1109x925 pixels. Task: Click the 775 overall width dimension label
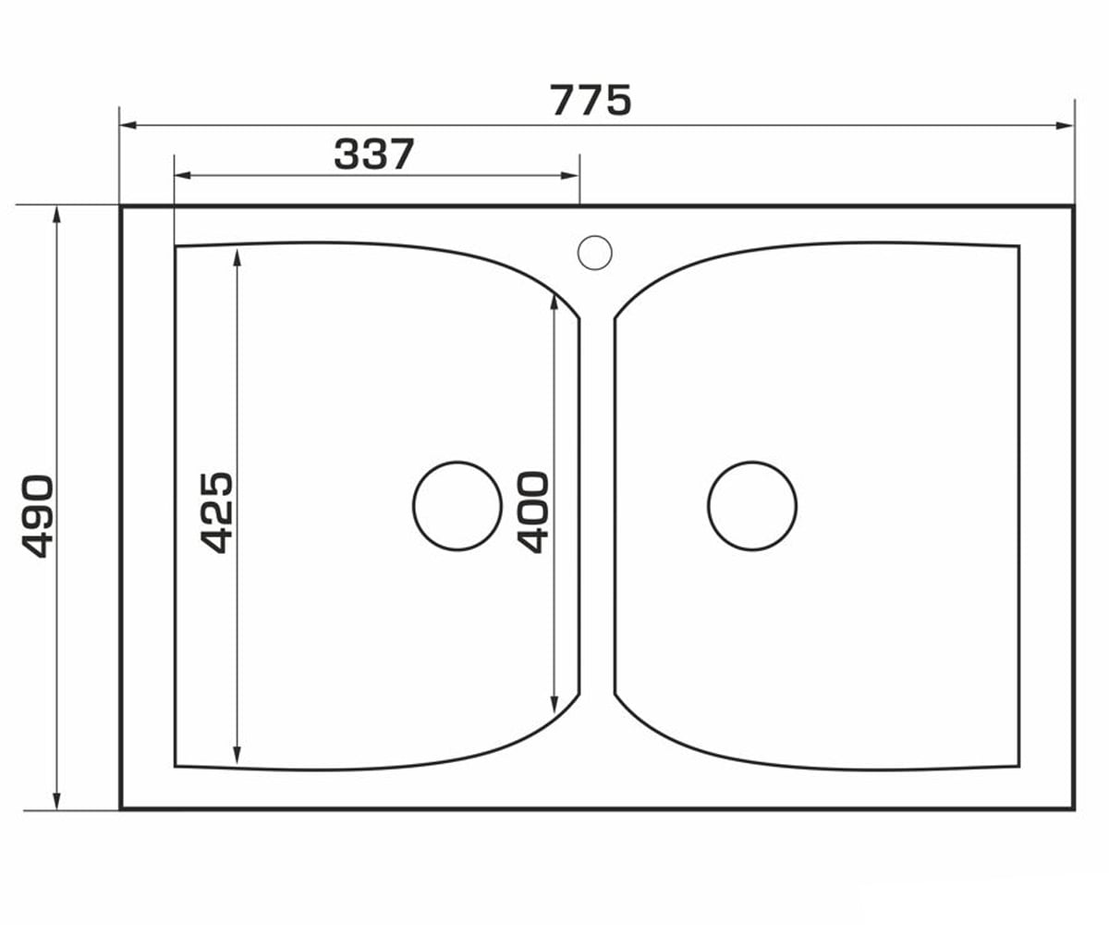click(x=591, y=101)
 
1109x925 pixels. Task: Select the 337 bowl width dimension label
click(x=374, y=154)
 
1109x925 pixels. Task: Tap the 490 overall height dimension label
click(x=38, y=516)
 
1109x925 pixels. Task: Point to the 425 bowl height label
click(x=216, y=512)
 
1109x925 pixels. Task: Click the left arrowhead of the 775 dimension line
click(x=128, y=126)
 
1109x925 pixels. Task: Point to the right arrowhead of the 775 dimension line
click(x=1065, y=126)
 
